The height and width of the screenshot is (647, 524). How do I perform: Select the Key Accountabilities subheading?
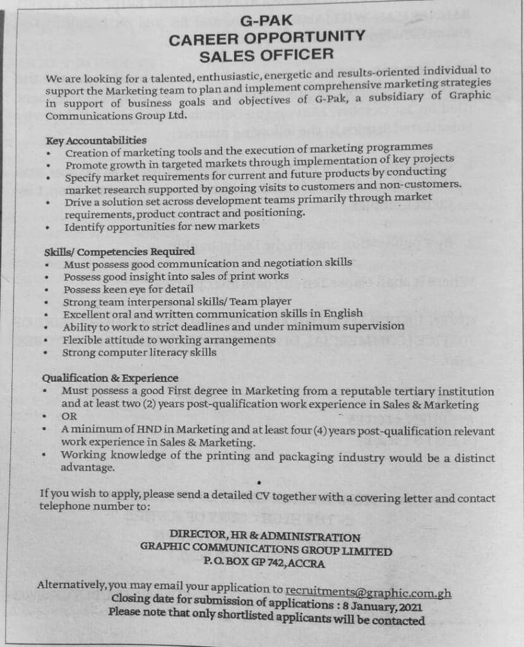[x=96, y=139]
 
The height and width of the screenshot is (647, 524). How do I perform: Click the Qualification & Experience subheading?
[x=110, y=378]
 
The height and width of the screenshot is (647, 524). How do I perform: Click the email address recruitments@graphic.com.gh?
[x=369, y=591]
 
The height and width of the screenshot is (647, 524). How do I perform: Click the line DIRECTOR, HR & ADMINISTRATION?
[x=265, y=537]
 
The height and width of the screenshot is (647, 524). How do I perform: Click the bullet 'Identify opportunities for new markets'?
[x=161, y=226]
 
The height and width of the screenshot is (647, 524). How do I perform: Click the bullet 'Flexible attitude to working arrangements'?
[x=169, y=339]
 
